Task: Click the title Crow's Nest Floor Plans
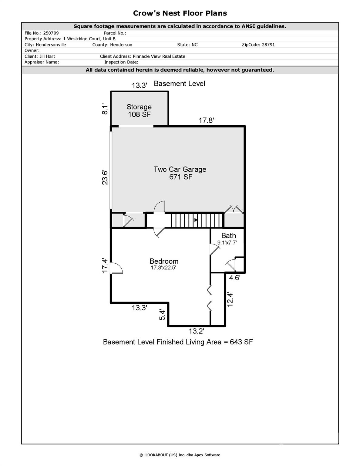point(180,13)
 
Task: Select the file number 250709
point(51,33)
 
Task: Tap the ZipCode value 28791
point(268,45)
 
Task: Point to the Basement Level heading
point(179,84)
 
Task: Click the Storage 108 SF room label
point(139,110)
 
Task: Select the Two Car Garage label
point(180,170)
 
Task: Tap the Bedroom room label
point(164,261)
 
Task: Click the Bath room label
point(228,236)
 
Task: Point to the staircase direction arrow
point(196,220)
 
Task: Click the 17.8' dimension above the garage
point(206,120)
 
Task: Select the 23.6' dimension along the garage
point(105,177)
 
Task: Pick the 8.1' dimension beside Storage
point(105,109)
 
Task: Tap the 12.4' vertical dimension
point(230,299)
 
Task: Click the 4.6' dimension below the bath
point(234,278)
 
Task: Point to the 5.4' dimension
point(163,315)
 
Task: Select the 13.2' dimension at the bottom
point(196,331)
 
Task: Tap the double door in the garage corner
point(234,209)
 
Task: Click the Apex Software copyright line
point(180,455)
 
